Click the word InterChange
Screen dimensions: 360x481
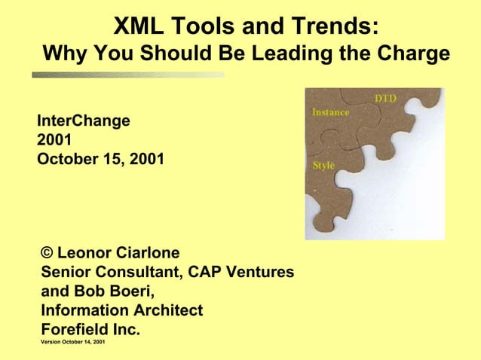(x=84, y=120)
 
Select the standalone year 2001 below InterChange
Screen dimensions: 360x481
(x=54, y=139)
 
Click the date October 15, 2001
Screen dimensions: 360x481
(x=100, y=159)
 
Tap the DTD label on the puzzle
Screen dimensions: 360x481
(x=385, y=99)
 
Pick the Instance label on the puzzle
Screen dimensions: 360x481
(x=330, y=112)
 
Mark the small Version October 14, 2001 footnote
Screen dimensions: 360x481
(x=73, y=343)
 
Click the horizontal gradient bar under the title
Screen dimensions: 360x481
(x=128, y=75)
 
